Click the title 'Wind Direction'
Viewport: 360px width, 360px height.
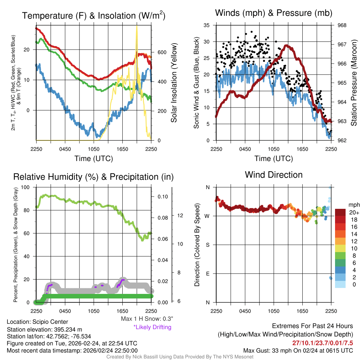[x=274, y=175]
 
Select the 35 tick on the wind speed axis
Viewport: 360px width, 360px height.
[x=207, y=25]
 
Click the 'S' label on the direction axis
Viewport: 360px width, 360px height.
[x=207, y=245]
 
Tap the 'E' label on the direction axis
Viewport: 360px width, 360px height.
[x=207, y=274]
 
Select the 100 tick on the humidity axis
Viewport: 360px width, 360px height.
[x=29, y=187]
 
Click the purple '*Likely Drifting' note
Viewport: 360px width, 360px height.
[x=152, y=327]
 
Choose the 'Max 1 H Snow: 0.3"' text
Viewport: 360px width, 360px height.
[x=147, y=319]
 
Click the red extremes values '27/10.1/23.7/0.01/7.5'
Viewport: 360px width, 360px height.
[x=322, y=343]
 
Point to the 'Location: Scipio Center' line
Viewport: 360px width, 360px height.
[x=37, y=322]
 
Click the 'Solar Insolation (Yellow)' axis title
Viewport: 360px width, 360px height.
[x=174, y=83]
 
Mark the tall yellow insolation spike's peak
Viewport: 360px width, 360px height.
[x=136, y=26]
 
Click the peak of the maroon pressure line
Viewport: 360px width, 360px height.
[x=287, y=46]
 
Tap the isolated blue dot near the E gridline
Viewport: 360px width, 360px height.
[x=331, y=278]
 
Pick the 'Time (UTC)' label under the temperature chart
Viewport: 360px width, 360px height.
[x=94, y=159]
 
